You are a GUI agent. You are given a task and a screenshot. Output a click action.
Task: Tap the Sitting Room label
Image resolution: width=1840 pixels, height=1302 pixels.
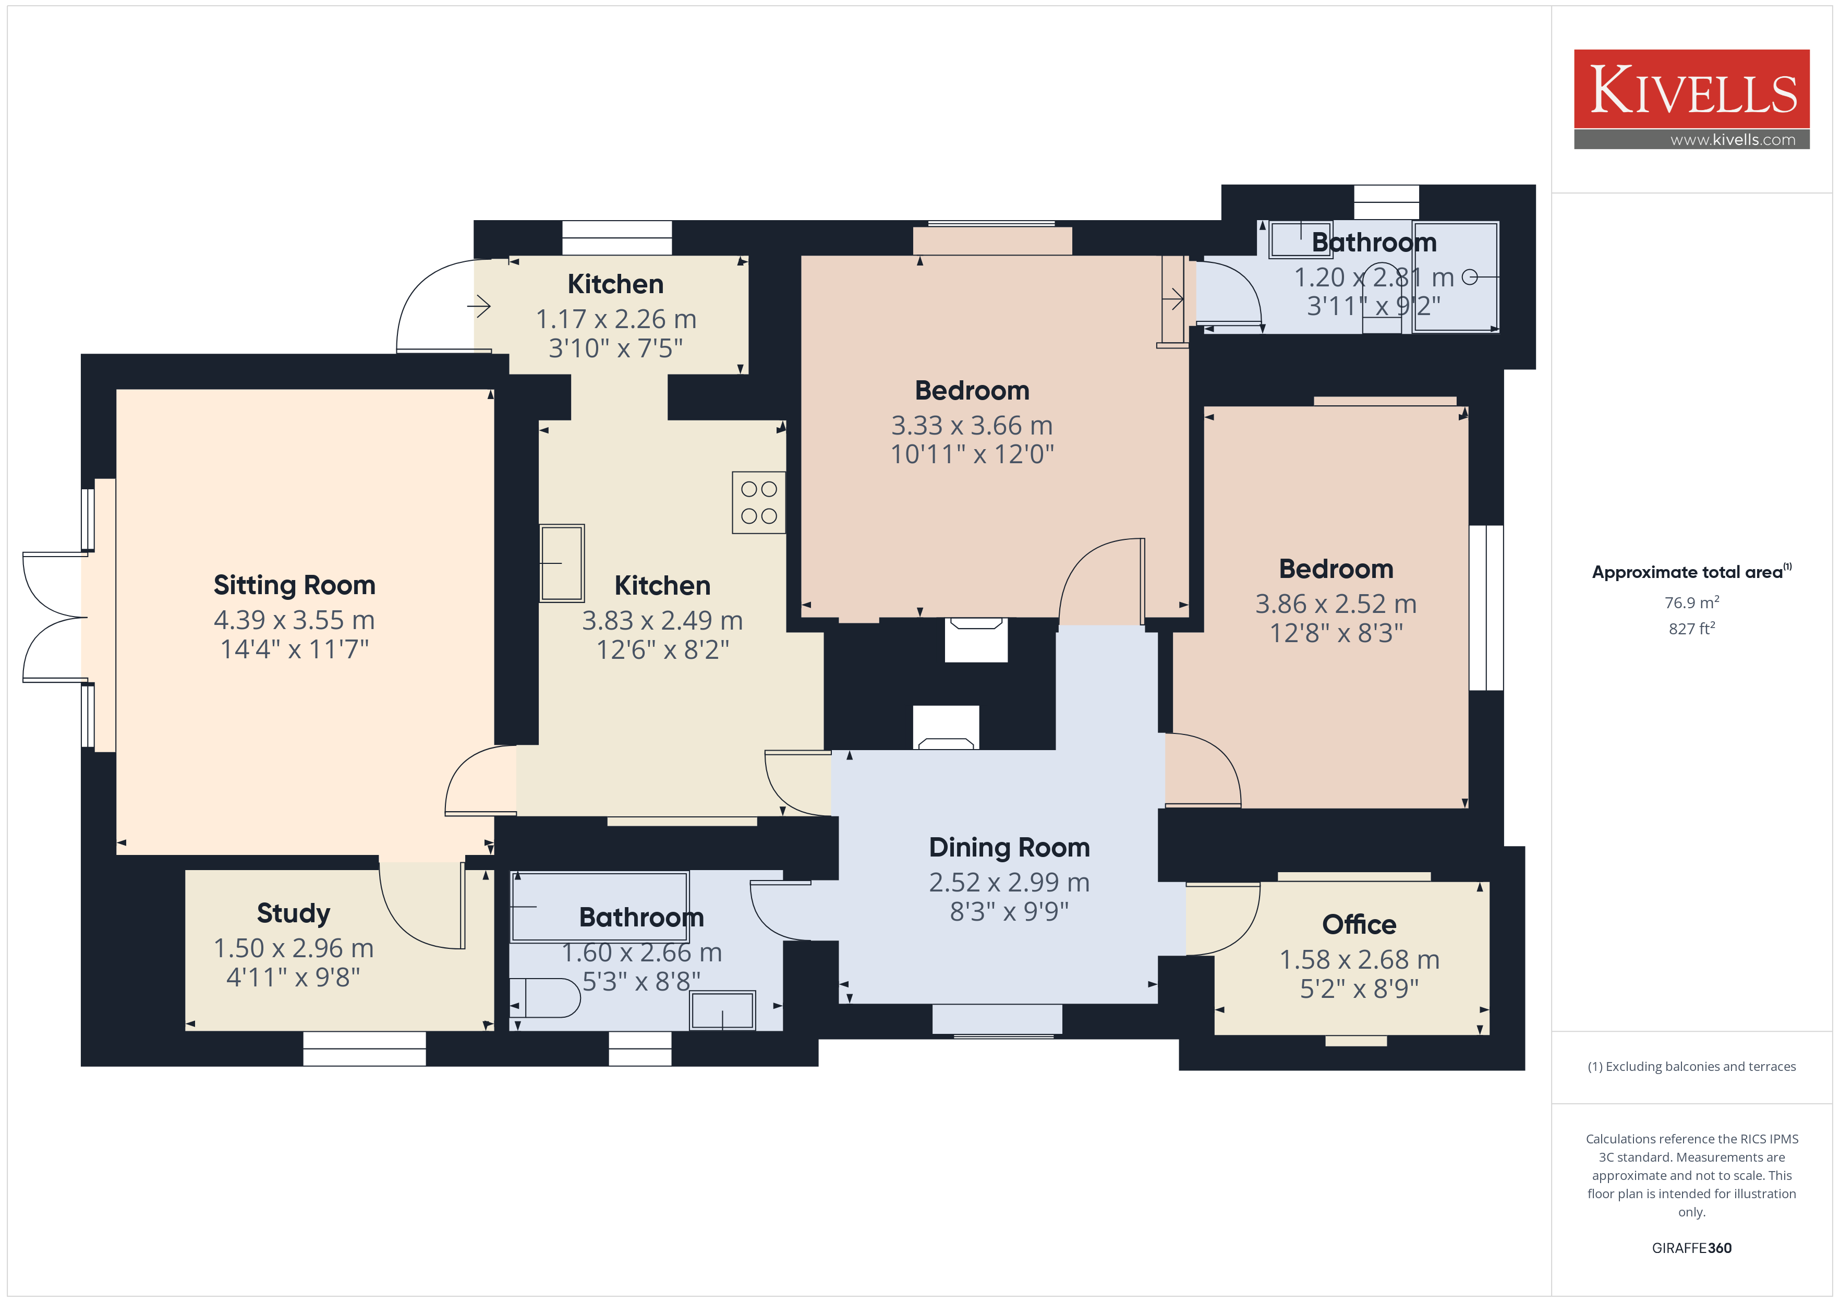pyautogui.click(x=294, y=585)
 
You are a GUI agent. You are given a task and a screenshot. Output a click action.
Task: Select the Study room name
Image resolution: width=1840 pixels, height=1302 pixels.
pyautogui.click(x=293, y=913)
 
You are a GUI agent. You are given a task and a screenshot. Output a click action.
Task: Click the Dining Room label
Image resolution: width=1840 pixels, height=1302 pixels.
pyautogui.click(x=1009, y=848)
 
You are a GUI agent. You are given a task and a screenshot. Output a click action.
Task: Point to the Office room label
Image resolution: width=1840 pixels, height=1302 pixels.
pyautogui.click(x=1359, y=924)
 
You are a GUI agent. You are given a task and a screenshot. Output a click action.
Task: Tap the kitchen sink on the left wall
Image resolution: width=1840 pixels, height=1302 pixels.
pyautogui.click(x=562, y=563)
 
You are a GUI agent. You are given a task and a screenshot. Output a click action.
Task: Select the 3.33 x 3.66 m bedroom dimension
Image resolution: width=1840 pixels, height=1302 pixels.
pyautogui.click(x=972, y=425)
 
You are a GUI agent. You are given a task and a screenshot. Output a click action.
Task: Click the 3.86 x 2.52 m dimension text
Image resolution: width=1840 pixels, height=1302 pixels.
pyautogui.click(x=1336, y=604)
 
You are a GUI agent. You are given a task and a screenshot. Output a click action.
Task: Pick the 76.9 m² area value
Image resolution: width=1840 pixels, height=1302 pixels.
pyautogui.click(x=1692, y=602)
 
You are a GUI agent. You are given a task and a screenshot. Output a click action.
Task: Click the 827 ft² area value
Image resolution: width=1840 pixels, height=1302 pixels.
pyautogui.click(x=1692, y=629)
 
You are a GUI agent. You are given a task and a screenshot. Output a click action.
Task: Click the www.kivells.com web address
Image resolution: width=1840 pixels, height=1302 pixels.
pyautogui.click(x=1733, y=139)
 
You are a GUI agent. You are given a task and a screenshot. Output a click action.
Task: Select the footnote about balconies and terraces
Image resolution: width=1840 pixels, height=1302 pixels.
pyautogui.click(x=1692, y=1066)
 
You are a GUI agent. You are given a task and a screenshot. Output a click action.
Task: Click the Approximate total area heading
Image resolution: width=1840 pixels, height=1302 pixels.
pyautogui.click(x=1692, y=572)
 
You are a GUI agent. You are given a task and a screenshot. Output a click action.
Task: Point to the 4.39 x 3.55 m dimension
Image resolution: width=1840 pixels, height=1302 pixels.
pyautogui.click(x=294, y=620)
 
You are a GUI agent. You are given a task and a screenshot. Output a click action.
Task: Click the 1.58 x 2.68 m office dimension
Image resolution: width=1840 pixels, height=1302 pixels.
pyautogui.click(x=1359, y=960)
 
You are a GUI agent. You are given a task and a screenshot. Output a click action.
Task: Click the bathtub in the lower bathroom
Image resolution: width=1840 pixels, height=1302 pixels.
pyautogui.click(x=599, y=906)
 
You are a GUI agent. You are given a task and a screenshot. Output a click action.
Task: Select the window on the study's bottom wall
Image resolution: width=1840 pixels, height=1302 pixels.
pyautogui.click(x=365, y=1048)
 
